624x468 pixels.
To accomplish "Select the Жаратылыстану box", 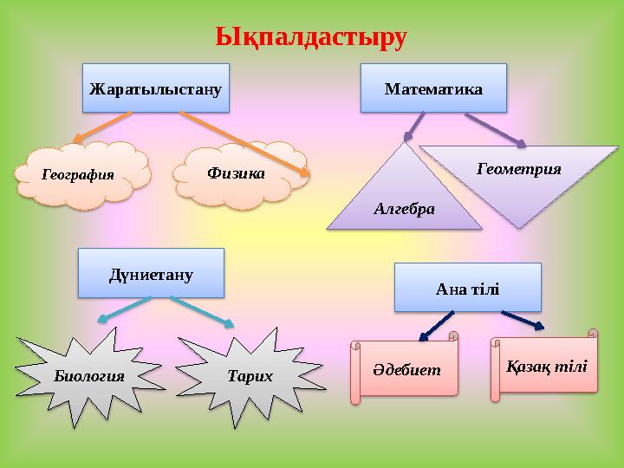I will (x=156, y=88).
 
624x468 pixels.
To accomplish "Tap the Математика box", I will (x=433, y=88).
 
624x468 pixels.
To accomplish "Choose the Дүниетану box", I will (x=151, y=274).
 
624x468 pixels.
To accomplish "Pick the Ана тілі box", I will (x=467, y=287).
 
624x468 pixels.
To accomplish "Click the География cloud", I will (x=80, y=174).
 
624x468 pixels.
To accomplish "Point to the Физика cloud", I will (x=236, y=173).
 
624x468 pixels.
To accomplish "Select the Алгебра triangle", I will (x=404, y=204).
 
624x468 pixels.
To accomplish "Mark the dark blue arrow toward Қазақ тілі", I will (x=523, y=320).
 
